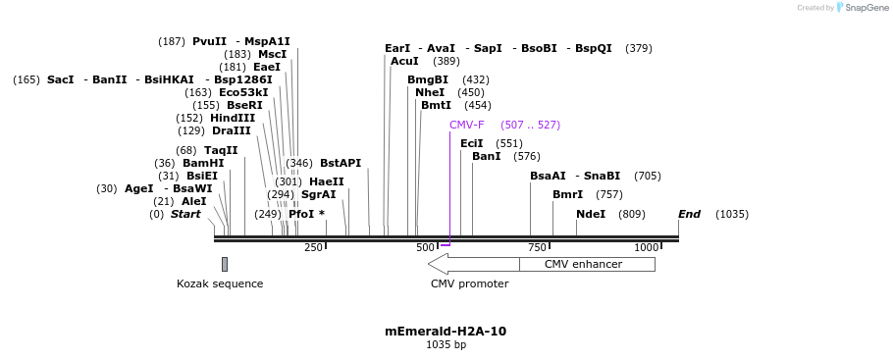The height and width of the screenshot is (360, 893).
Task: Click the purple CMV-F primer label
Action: point(466,126)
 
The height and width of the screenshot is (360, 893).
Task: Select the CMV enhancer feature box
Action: point(587,264)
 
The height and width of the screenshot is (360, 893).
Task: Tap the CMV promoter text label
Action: point(469,284)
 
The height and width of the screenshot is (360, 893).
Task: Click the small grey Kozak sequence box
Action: point(225,264)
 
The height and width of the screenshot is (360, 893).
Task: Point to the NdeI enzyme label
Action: point(591,214)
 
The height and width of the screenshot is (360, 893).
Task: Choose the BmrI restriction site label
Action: point(567,194)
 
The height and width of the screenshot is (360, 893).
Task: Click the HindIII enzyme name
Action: point(233,118)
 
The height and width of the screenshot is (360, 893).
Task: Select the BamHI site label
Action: point(203,163)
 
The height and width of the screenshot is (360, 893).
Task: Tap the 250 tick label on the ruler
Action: point(313,248)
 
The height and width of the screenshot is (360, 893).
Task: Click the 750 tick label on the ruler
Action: point(537,248)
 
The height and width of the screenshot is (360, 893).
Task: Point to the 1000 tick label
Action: point(646,248)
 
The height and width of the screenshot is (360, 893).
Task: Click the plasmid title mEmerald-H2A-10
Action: point(446,332)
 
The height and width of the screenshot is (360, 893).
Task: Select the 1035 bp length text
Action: point(446,345)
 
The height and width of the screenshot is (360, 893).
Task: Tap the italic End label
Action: point(689,214)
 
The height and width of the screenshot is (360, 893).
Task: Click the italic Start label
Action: point(185,214)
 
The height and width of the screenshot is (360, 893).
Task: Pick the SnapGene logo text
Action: point(865,8)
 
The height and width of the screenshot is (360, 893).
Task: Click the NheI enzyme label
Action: point(430,92)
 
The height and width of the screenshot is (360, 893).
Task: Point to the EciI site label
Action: point(472,143)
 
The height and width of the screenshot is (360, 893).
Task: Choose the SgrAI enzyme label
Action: point(318,194)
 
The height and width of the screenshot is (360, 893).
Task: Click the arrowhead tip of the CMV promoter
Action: point(431,264)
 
